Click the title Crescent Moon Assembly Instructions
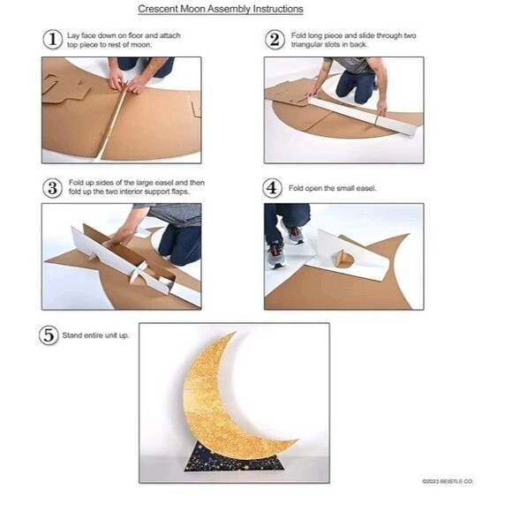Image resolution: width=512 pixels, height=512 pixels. click(221, 9)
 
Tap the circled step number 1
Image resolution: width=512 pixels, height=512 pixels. click(53, 40)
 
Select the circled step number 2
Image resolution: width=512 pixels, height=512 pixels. click(275, 40)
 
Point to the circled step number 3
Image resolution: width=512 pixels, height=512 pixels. click(52, 188)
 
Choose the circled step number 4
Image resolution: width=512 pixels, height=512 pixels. click(272, 188)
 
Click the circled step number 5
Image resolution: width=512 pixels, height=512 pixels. click(49, 335)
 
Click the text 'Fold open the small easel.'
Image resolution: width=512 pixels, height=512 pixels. click(333, 188)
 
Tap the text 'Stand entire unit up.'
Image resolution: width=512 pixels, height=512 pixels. click(95, 335)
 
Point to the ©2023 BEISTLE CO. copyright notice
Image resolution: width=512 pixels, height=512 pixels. click(448, 481)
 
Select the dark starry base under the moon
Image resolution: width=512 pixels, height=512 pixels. click(234, 459)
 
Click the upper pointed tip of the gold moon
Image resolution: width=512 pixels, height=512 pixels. click(235, 333)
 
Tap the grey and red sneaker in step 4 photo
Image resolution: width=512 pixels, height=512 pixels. click(276, 255)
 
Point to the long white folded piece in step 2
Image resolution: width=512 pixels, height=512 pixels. click(363, 116)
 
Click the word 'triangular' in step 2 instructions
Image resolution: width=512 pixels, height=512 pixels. click(307, 45)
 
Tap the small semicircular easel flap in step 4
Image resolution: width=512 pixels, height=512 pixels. click(343, 259)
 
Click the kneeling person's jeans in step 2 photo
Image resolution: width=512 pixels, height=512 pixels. click(355, 87)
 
